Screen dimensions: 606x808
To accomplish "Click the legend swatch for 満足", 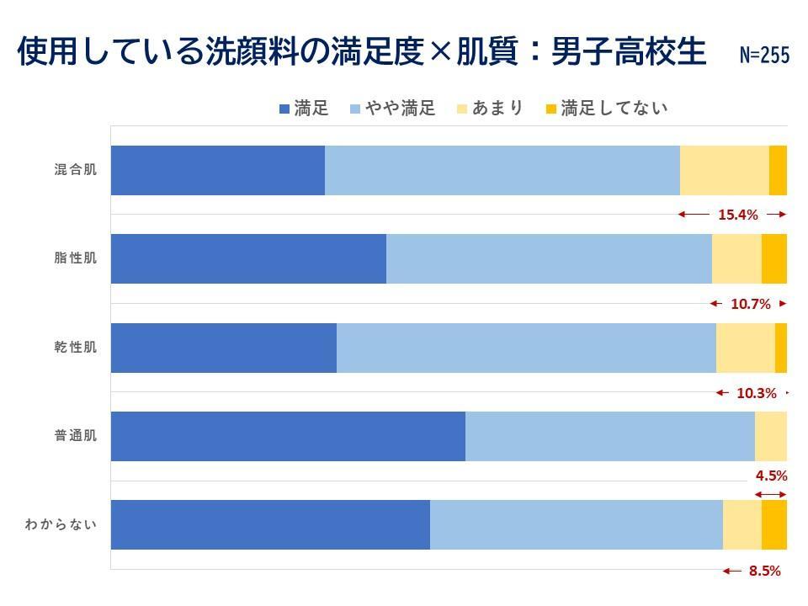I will tap(284, 109).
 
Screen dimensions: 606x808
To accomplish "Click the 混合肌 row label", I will tap(76, 170).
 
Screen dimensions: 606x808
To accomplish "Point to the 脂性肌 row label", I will tap(76, 258).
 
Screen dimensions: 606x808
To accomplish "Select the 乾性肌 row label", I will tap(76, 348).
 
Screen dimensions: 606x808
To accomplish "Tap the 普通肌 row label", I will tap(76, 436).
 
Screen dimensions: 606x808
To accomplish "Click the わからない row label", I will tap(61, 525).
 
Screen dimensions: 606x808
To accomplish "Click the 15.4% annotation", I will tap(738, 215).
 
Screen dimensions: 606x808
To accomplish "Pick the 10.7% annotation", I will tap(751, 304).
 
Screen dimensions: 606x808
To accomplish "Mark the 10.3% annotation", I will tap(756, 393).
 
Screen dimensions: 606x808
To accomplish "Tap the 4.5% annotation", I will tap(771, 476).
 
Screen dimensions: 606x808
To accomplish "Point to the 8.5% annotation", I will tap(764, 571).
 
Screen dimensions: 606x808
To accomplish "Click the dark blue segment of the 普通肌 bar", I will tap(288, 436).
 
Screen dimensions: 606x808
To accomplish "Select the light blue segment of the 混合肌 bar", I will tap(502, 170).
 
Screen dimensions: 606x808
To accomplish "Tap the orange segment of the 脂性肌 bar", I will tap(774, 258).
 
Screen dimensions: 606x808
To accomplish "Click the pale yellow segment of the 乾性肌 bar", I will tap(745, 348).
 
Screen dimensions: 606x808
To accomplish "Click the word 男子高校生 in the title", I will tap(628, 52).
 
